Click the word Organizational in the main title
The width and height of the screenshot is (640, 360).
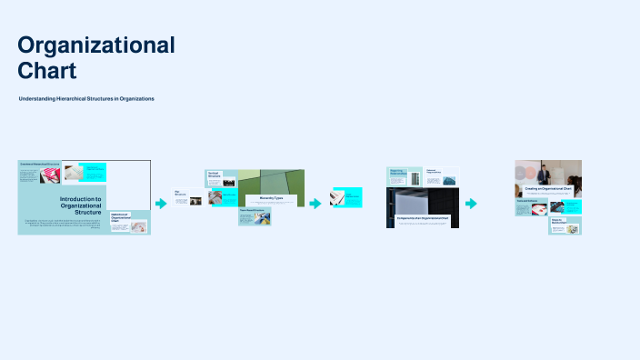[x=96, y=45]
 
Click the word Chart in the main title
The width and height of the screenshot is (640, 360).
[x=47, y=70]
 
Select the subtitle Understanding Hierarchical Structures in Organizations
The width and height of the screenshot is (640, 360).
[x=86, y=98]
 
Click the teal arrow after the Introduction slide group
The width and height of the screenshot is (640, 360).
[x=161, y=204]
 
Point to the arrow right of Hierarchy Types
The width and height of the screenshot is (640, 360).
[x=315, y=203]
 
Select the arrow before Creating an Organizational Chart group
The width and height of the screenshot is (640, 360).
[x=471, y=204]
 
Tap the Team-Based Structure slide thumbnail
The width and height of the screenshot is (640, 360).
[x=255, y=215]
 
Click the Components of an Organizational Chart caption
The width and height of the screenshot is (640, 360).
[x=422, y=219]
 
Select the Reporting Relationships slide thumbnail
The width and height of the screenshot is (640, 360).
[x=404, y=176]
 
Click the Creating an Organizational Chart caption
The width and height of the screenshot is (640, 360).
[x=547, y=189]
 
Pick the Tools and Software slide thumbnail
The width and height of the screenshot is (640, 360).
[x=531, y=207]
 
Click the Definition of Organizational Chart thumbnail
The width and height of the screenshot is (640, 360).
[x=130, y=222]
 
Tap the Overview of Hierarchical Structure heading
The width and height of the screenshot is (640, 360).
[x=39, y=164]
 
